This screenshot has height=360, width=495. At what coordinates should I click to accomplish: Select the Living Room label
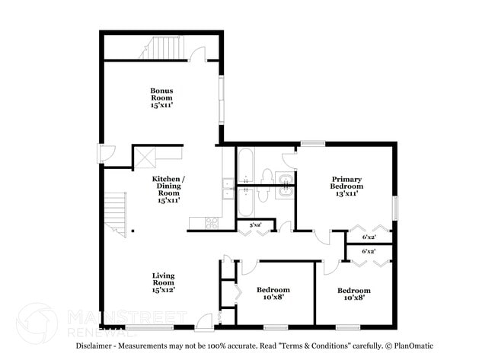click(164, 282)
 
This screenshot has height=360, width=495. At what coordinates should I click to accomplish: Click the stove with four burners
click(212, 223)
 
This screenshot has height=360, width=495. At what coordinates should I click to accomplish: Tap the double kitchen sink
click(228, 187)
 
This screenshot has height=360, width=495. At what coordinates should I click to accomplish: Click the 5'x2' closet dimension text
click(244, 225)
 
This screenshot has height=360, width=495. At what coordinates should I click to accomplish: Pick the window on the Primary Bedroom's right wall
click(395, 207)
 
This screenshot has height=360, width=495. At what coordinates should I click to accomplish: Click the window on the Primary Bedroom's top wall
click(311, 142)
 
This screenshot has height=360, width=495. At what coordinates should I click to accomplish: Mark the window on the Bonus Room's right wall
click(222, 99)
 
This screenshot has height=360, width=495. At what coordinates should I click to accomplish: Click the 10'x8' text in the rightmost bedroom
click(354, 298)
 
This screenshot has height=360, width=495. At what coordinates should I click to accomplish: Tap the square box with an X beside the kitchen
click(145, 158)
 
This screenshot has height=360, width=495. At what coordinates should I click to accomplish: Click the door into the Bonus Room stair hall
click(199, 54)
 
